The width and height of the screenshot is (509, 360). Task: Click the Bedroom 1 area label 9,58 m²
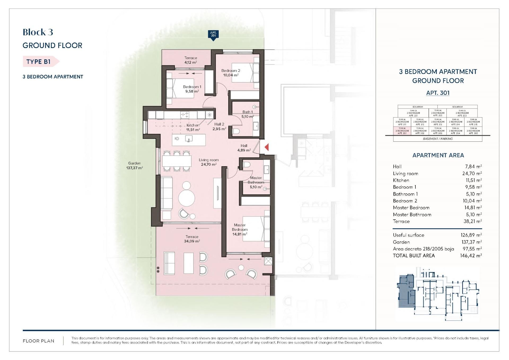click(x=192, y=91)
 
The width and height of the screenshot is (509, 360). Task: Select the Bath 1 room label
click(x=248, y=112)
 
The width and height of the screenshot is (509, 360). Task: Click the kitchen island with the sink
click(x=189, y=140)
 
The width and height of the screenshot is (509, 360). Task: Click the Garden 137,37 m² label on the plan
click(x=134, y=166)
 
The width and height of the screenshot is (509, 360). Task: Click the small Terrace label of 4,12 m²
click(x=191, y=60)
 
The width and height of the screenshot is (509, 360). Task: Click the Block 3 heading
click(x=38, y=32)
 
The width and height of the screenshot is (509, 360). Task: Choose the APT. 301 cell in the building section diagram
click(x=402, y=131)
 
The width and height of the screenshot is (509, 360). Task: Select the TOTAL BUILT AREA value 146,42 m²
click(x=471, y=256)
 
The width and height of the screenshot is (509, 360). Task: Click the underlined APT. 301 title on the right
click(x=438, y=93)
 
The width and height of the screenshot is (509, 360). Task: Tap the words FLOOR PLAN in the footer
click(x=38, y=341)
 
